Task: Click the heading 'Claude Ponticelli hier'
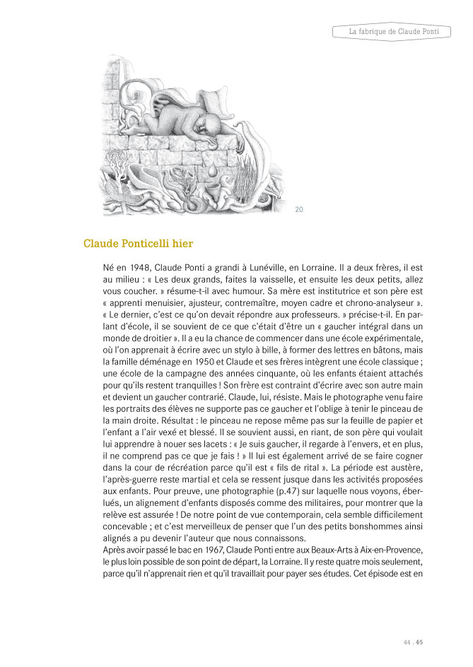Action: coord(139,244)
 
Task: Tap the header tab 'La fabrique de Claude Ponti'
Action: coord(390,32)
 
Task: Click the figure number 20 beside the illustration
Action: coord(298,209)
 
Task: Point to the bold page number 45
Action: coord(419,642)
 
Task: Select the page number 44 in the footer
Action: coord(407,642)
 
